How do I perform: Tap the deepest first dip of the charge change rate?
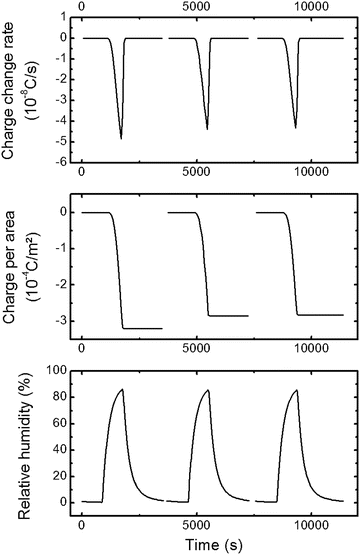click(x=121, y=137)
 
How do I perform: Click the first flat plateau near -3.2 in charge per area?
click(x=142, y=328)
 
